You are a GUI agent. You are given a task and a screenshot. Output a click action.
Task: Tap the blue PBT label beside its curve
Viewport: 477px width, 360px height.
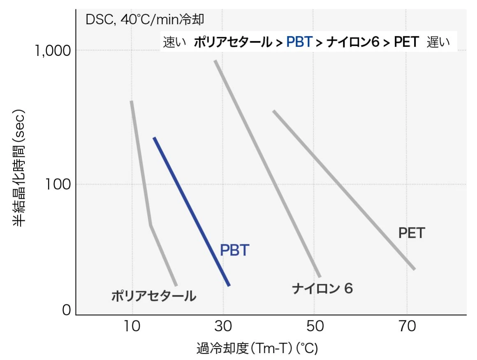click(x=234, y=250)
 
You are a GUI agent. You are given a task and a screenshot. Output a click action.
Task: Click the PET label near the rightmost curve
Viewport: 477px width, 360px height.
click(x=411, y=233)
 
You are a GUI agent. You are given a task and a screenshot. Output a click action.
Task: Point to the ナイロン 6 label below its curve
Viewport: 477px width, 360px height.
click(x=322, y=288)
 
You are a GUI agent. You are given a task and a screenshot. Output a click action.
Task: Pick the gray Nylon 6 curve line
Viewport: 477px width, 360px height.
click(x=267, y=168)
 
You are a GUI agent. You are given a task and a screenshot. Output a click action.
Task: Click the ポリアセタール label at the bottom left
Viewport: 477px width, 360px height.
click(x=153, y=296)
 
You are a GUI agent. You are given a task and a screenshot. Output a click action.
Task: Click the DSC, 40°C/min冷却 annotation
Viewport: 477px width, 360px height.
click(x=145, y=20)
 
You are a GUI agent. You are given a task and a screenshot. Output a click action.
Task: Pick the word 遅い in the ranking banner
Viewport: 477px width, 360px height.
click(x=438, y=42)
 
